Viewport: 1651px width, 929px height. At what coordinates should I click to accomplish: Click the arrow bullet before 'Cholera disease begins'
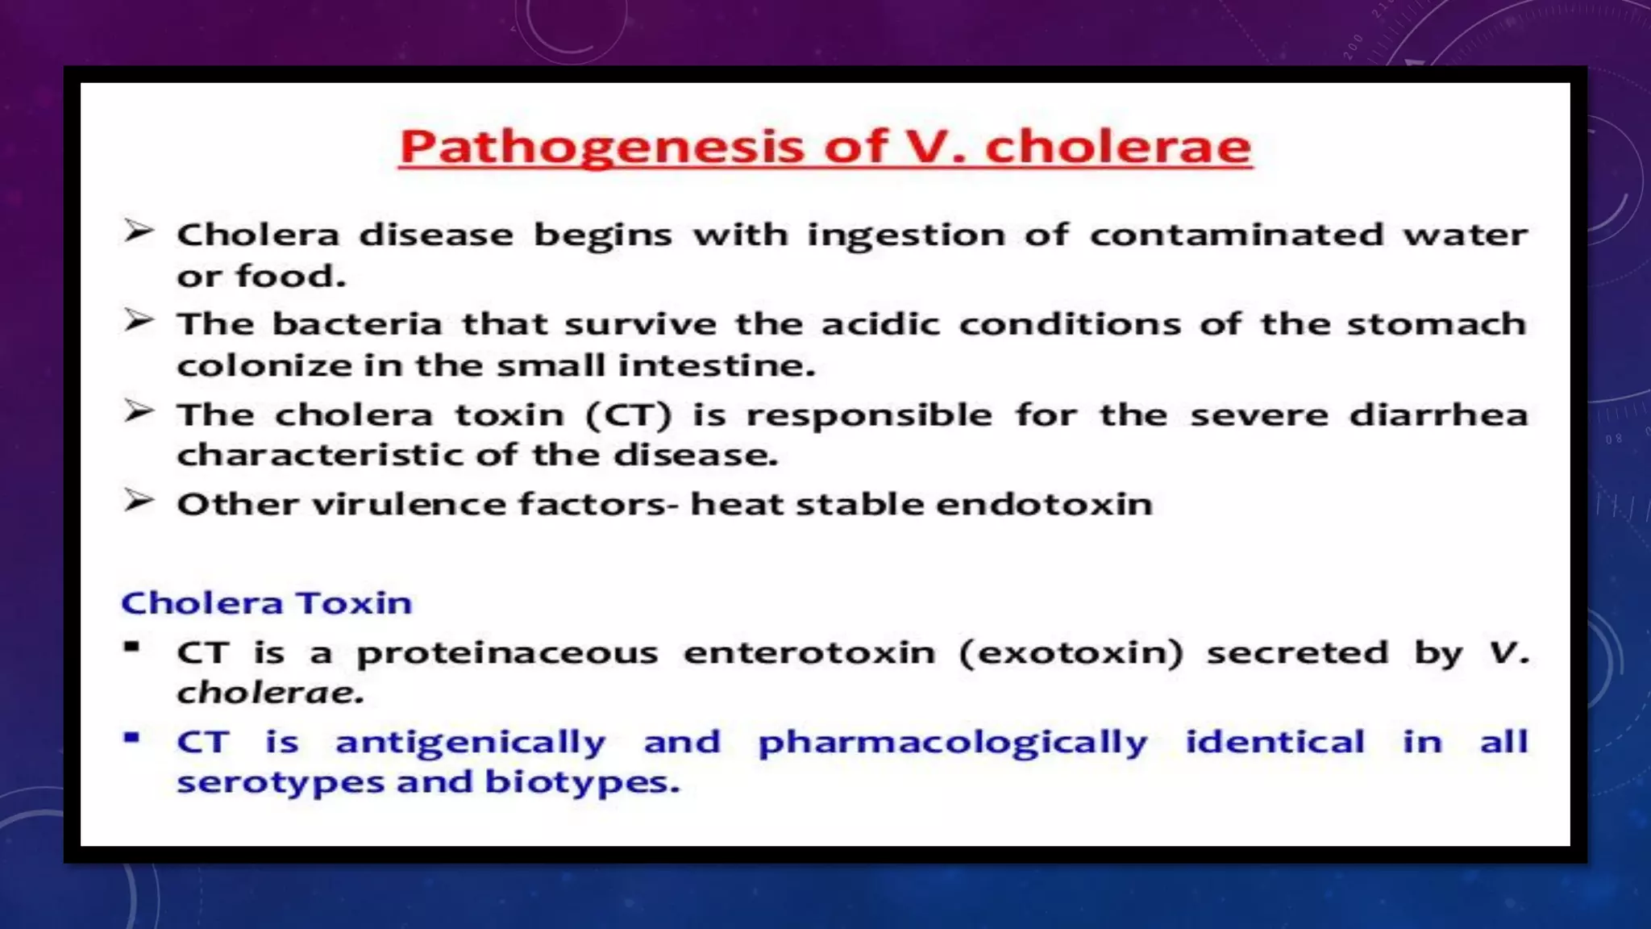pos(138,232)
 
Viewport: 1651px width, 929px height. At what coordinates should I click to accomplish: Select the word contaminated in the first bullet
pos(1236,235)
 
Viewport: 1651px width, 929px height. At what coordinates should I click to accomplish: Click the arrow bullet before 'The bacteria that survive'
pos(138,321)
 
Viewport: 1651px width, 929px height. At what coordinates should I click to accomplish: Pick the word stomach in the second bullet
pos(1436,324)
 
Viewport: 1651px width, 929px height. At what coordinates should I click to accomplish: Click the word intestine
pos(716,366)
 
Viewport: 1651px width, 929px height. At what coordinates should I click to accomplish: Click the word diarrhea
pos(1437,415)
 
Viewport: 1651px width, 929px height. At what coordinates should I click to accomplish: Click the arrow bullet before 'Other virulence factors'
pos(138,502)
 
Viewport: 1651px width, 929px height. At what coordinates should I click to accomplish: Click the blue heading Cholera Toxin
pos(266,603)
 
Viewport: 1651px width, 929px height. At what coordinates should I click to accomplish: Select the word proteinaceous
pos(507,652)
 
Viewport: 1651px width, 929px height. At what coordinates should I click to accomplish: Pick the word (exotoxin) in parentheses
pos(1071,652)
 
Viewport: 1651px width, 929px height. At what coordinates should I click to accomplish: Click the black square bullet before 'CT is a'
pos(132,647)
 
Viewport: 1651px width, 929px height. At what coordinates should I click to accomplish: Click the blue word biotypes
pos(581,782)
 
